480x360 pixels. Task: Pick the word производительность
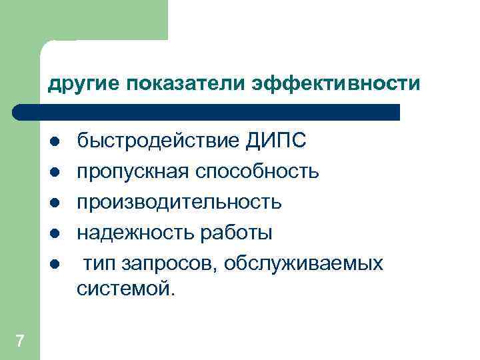[x=179, y=202]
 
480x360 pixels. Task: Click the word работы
[x=230, y=233]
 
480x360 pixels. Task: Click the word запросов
[x=167, y=263]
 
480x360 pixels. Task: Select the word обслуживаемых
[x=304, y=263]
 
